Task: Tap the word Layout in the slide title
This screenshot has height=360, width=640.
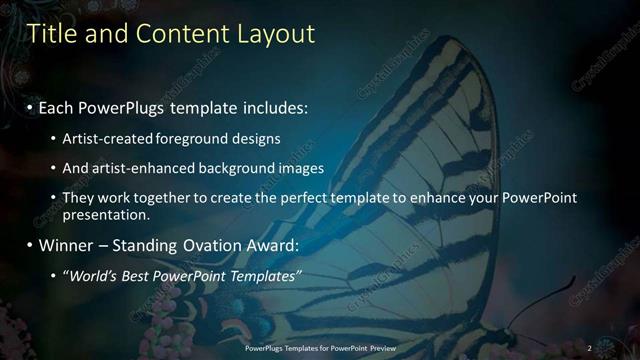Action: point(275,34)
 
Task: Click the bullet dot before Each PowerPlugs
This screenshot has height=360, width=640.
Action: point(30,106)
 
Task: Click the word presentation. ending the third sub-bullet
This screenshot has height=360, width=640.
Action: point(106,214)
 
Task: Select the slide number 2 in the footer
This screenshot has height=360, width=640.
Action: point(589,347)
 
